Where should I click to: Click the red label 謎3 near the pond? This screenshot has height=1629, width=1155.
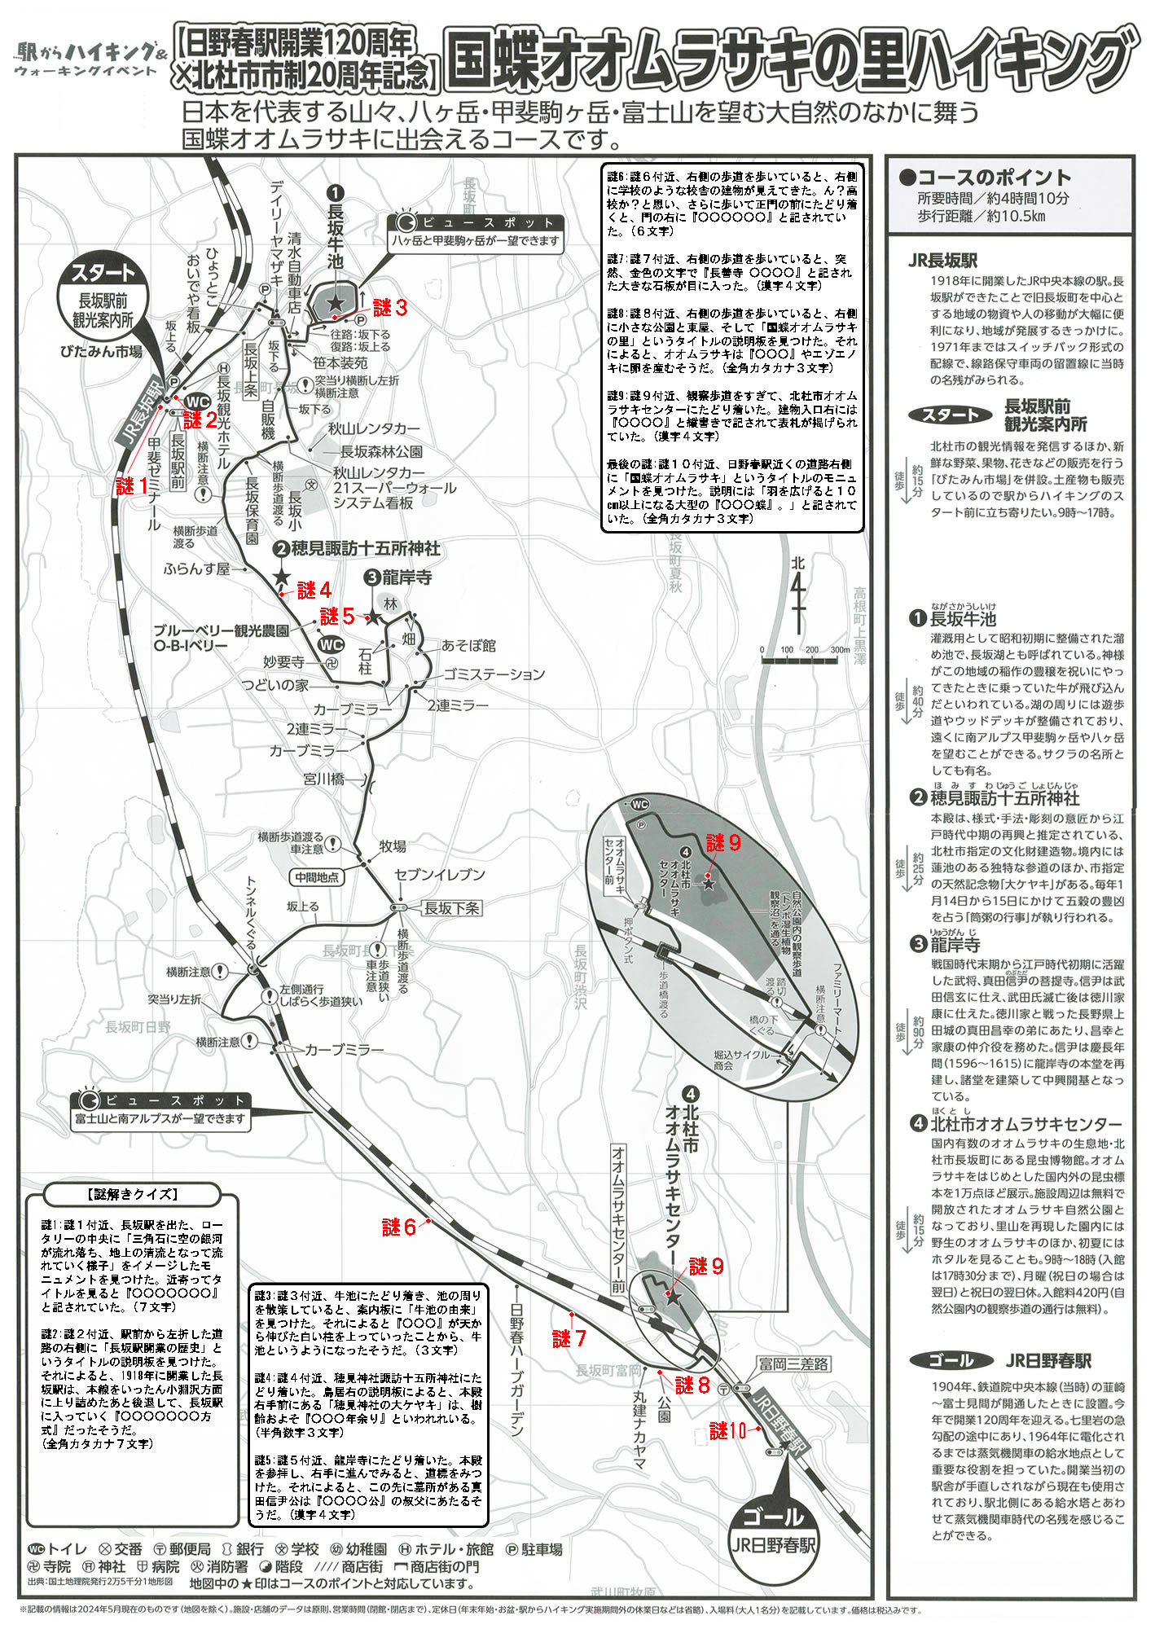tap(389, 308)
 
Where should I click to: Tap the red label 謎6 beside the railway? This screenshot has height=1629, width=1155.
tap(399, 1227)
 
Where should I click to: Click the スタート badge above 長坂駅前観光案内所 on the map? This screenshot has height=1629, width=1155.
tap(103, 273)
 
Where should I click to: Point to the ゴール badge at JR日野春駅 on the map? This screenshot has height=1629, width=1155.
tap(773, 1517)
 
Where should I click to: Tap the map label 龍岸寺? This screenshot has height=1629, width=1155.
tap(406, 577)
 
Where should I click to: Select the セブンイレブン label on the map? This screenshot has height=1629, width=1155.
tap(439, 875)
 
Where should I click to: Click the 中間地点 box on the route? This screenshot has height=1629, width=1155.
tap(317, 877)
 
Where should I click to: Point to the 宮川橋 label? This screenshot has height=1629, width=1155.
tap(323, 779)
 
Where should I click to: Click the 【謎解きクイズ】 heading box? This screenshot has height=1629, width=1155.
tap(132, 1194)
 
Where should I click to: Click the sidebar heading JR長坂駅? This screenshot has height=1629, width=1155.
tap(942, 261)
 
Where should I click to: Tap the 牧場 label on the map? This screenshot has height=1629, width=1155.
tap(392, 846)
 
